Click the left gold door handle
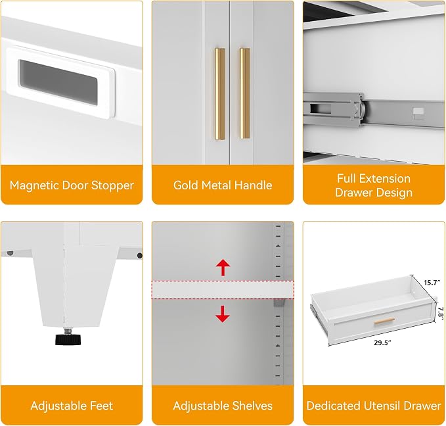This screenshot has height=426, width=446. [x=219, y=94]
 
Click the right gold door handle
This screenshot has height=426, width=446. [x=244, y=93]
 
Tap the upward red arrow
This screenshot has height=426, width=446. [x=223, y=268]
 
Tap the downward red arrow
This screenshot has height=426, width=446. [x=223, y=314]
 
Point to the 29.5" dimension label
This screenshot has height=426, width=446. [x=382, y=343]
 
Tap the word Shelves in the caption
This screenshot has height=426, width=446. [x=252, y=406]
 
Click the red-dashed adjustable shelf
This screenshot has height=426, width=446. [x=223, y=290]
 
